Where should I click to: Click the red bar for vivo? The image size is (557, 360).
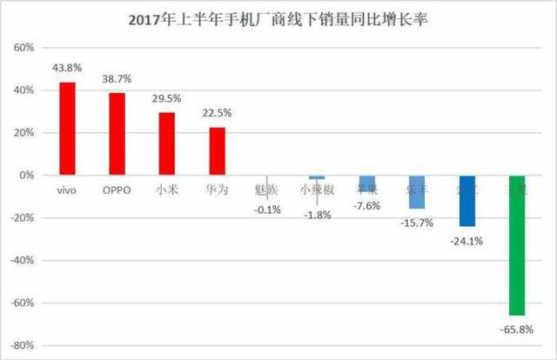pos(67,128)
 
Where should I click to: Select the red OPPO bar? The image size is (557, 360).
pos(117,134)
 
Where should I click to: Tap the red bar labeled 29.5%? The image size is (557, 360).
pos(167,143)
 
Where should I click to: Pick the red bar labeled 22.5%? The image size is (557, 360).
pos(218,151)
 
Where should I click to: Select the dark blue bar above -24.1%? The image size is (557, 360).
pos(467,200)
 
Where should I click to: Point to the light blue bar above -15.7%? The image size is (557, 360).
pos(417,191)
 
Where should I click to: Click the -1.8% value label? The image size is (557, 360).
pos(318,215)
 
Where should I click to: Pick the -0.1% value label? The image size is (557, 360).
pos(267,210)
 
